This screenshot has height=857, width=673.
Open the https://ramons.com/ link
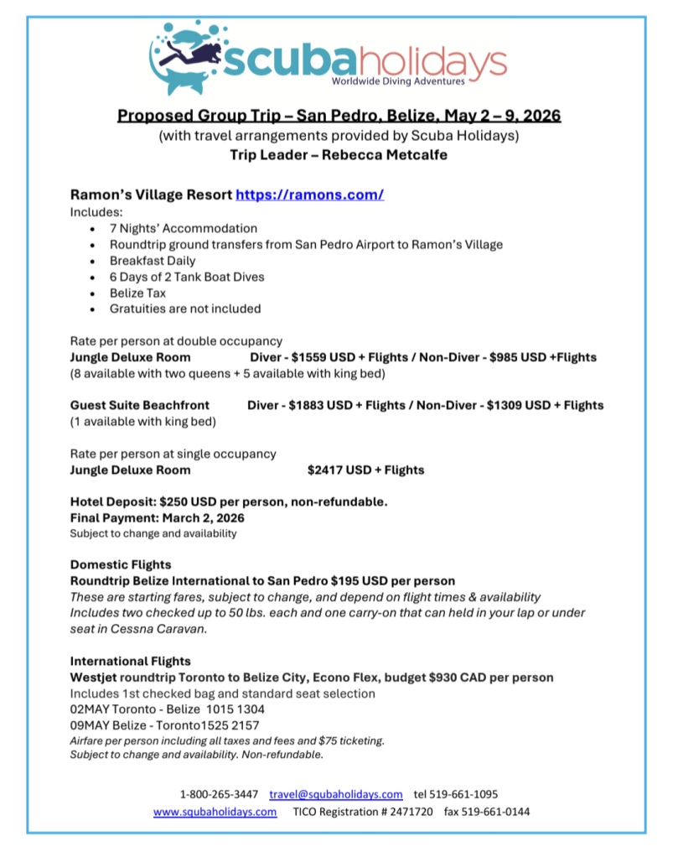309,195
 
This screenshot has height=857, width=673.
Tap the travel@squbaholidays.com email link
335,793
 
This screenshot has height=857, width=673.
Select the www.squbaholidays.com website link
215,812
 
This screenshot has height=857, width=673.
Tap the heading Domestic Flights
121,564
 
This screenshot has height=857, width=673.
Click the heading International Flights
130,661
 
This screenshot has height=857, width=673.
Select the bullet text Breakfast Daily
153,261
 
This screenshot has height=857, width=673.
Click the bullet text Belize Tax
137,293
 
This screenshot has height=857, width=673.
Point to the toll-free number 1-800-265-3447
219,793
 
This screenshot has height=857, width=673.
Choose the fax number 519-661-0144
500,812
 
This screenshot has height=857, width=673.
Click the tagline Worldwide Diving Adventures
397,82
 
